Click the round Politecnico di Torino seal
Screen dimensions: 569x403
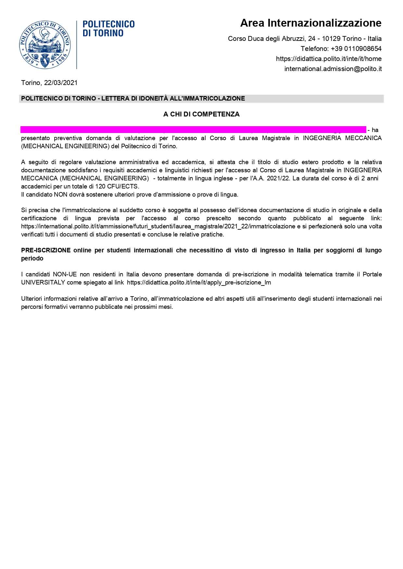pyautogui.click(x=45, y=45)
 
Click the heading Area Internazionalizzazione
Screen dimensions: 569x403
pyautogui.click(x=310, y=23)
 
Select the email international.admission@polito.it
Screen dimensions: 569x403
pyautogui.click(x=333, y=69)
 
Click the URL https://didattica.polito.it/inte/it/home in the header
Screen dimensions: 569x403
pyautogui.click(x=329, y=59)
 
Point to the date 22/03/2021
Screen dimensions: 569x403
pyautogui.click(x=61, y=83)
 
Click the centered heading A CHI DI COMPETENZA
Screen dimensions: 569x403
pyautogui.click(x=201, y=114)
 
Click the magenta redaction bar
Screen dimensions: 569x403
pyautogui.click(x=193, y=129)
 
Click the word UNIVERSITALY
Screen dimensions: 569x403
pyautogui.click(x=43, y=283)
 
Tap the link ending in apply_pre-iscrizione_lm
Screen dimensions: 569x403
pyautogui.click(x=199, y=283)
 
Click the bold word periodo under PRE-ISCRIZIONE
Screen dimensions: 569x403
pyautogui.click(x=32, y=259)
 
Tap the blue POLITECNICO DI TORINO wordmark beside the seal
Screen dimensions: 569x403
pyautogui.click(x=108, y=28)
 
